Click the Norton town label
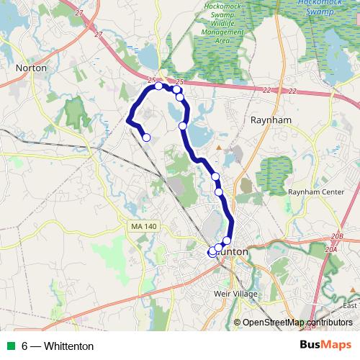[31, 68]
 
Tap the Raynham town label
[270, 121]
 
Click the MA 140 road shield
[143, 227]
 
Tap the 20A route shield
[331, 249]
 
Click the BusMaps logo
[325, 346]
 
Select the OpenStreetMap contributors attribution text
[297, 323]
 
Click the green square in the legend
[11, 346]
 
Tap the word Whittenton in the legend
[68, 346]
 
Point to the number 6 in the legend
[25, 346]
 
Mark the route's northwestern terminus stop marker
[146, 138]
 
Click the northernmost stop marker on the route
[159, 86]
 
